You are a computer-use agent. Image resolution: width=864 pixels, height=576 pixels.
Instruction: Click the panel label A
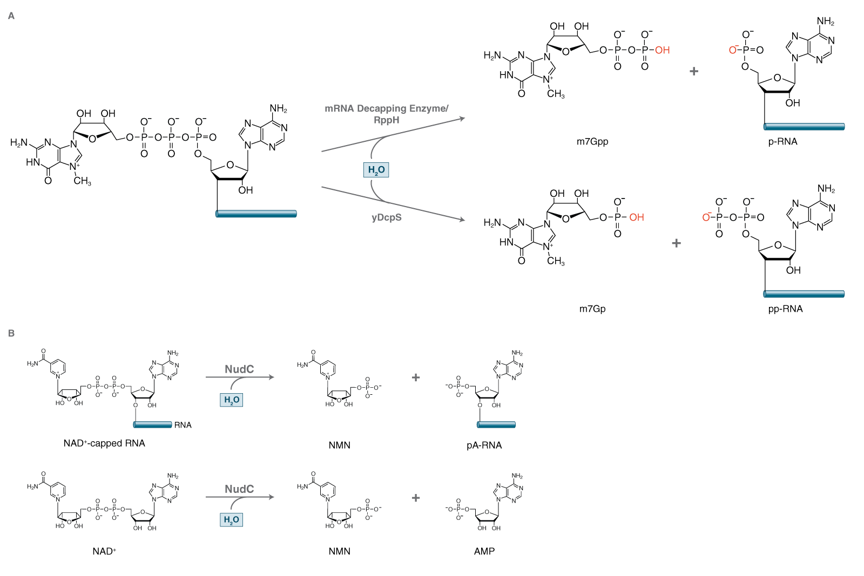pyautogui.click(x=11, y=16)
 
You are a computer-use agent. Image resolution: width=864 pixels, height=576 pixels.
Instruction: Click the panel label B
pyautogui.click(x=11, y=333)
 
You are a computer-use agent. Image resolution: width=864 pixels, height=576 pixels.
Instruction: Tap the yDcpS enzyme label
pyautogui.click(x=387, y=217)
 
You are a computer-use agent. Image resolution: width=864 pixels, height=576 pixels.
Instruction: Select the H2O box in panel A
pyautogui.click(x=376, y=170)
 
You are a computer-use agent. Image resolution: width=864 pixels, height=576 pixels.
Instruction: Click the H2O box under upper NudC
pyautogui.click(x=232, y=400)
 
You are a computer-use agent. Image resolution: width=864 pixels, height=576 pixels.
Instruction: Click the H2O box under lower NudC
pyautogui.click(x=232, y=519)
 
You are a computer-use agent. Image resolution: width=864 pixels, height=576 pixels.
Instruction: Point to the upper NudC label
pyautogui.click(x=239, y=369)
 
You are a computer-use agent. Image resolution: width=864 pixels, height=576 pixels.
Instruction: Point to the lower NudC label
pyautogui.click(x=239, y=489)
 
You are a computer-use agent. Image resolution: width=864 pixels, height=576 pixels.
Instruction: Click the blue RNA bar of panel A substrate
pyautogui.click(x=256, y=214)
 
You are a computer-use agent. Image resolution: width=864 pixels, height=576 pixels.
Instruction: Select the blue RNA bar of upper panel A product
pyautogui.click(x=804, y=127)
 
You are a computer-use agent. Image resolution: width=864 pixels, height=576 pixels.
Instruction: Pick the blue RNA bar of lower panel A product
pyautogui.click(x=804, y=294)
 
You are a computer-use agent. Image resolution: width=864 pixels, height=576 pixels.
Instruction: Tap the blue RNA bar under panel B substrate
pyautogui.click(x=152, y=424)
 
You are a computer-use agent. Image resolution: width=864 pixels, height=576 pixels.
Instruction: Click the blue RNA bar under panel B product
pyautogui.click(x=496, y=424)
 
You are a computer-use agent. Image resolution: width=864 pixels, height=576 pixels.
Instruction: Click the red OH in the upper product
pyautogui.click(x=662, y=50)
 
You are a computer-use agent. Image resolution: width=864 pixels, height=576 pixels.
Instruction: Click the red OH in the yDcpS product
pyautogui.click(x=636, y=217)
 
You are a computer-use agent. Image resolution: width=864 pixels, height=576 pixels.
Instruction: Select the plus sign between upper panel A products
pyautogui.click(x=694, y=71)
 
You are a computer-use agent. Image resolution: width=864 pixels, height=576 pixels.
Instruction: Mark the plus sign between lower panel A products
pyautogui.click(x=676, y=243)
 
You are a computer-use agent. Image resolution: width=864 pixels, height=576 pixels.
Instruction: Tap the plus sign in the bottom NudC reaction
pyautogui.click(x=416, y=498)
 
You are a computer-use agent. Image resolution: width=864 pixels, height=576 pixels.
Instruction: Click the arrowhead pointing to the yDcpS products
pyautogui.click(x=462, y=220)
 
